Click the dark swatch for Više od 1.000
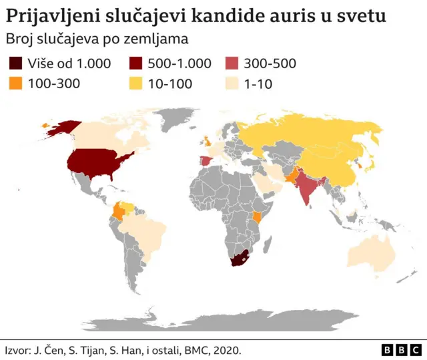point(15,63)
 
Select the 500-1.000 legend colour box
point(139,63)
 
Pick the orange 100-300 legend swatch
point(15,83)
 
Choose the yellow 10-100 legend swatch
point(139,83)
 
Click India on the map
point(308,188)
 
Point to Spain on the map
point(207,161)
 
